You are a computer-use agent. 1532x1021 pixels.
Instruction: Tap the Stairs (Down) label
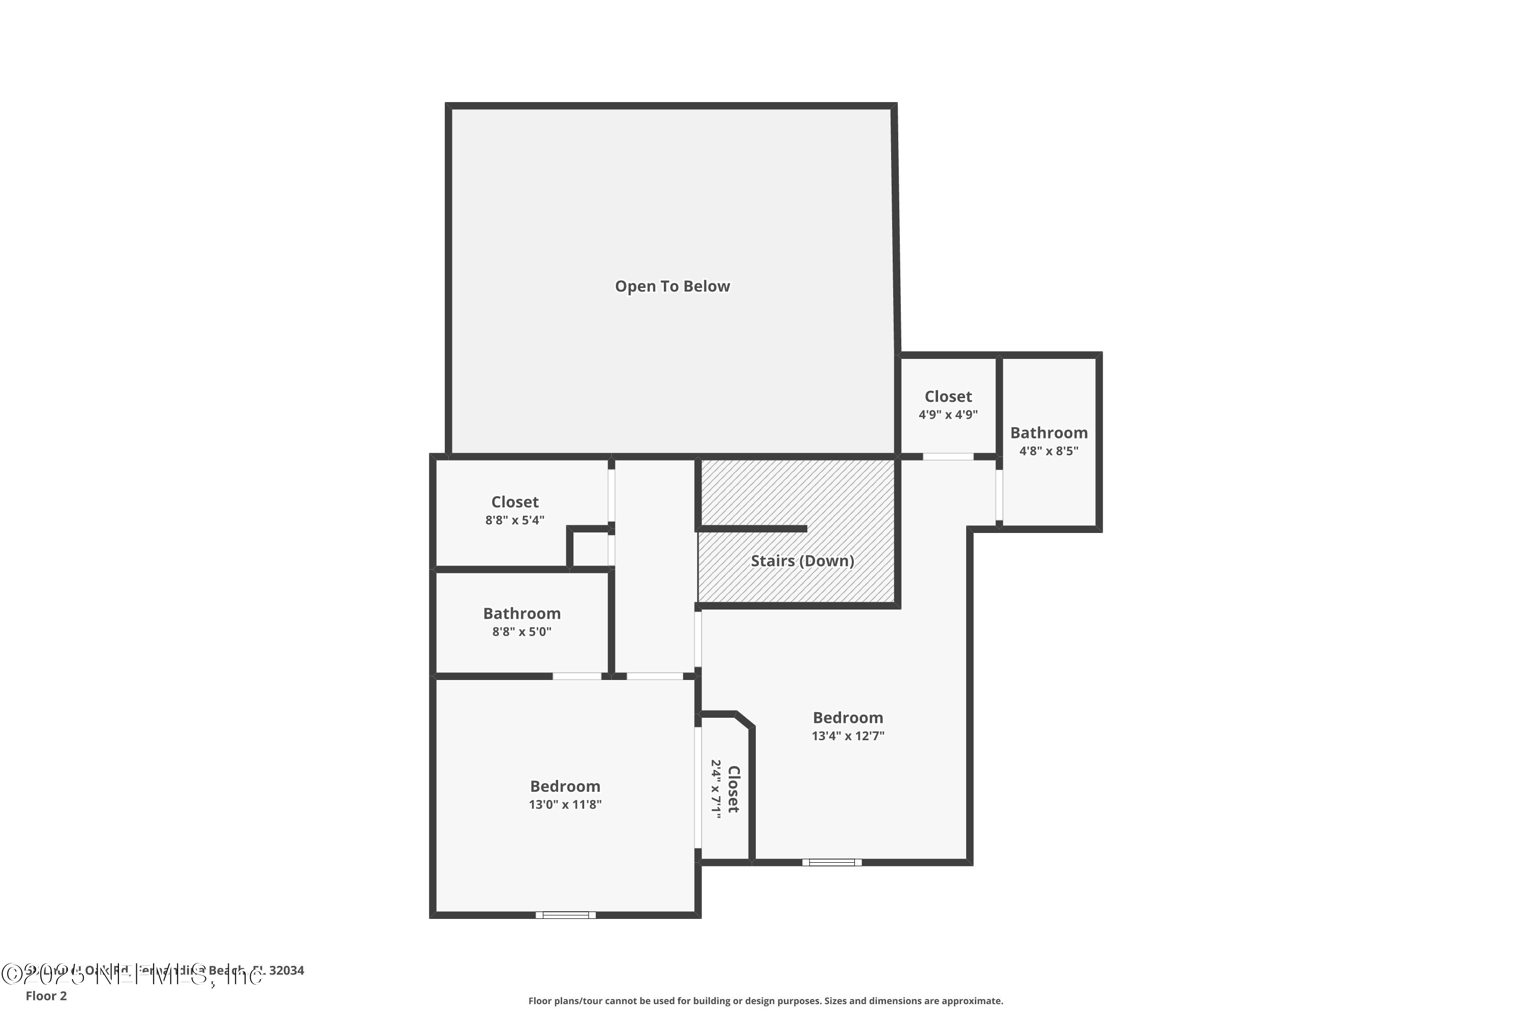pyautogui.click(x=802, y=561)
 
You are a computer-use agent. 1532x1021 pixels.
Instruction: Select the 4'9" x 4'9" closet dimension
pyautogui.click(x=948, y=415)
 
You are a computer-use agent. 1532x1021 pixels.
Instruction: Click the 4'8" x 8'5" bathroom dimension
pyautogui.click(x=1049, y=451)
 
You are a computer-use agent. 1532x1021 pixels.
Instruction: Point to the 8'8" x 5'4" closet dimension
pyautogui.click(x=515, y=520)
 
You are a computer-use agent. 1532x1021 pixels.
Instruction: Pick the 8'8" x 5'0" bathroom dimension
pyautogui.click(x=522, y=631)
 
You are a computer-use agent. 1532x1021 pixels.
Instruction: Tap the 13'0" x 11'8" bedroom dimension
pyautogui.click(x=565, y=804)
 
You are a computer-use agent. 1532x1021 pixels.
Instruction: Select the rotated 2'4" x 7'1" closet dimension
pyautogui.click(x=716, y=789)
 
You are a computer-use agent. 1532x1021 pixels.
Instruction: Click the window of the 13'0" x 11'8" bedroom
pyautogui.click(x=565, y=915)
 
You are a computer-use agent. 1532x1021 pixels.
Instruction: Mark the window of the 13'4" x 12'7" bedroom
pyautogui.click(x=832, y=862)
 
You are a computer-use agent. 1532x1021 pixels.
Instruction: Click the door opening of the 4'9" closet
pyautogui.click(x=948, y=456)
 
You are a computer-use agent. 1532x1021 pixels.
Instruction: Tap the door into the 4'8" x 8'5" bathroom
pyautogui.click(x=999, y=495)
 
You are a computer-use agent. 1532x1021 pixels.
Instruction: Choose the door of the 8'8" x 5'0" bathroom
pyautogui.click(x=577, y=676)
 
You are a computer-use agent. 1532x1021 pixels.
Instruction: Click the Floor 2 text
pyautogui.click(x=46, y=995)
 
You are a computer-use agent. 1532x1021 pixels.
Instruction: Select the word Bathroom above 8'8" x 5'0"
pyautogui.click(x=522, y=614)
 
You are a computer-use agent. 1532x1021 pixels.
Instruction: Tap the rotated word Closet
pyautogui.click(x=733, y=789)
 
